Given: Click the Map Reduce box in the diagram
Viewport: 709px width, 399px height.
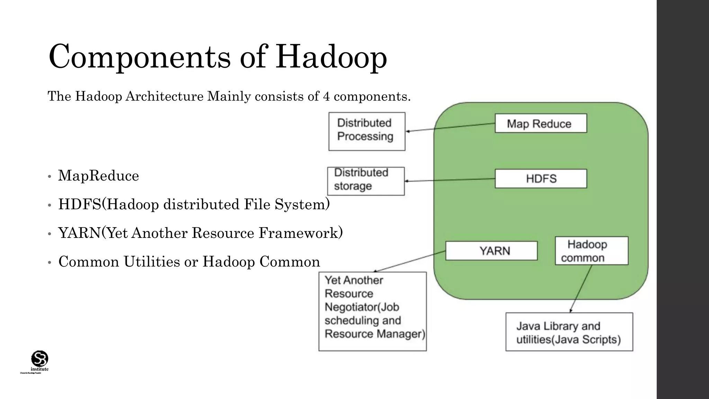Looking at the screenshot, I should (541, 123).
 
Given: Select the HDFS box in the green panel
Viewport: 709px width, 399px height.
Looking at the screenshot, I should (541, 179).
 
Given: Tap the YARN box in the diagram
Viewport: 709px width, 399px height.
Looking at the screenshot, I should (491, 251).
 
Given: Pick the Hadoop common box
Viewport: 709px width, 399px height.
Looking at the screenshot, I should (591, 251).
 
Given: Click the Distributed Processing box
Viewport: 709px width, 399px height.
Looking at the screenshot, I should (367, 131).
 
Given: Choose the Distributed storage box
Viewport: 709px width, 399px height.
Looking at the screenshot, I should (366, 181).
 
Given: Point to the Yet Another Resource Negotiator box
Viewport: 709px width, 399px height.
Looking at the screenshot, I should (373, 311).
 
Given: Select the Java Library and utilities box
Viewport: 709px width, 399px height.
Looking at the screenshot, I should (569, 332).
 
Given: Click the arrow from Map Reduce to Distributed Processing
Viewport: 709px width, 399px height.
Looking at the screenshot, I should (450, 127).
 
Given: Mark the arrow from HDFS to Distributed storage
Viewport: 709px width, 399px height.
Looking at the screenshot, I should (450, 180).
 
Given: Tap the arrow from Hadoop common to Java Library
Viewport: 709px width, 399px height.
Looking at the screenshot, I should (581, 289).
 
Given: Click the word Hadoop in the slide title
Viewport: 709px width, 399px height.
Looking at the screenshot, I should (331, 56).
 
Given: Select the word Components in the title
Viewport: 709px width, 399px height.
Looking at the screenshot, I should (140, 56).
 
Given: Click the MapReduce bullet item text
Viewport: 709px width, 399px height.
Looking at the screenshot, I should (99, 176).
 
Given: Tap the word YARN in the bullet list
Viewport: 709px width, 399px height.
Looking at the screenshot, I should (79, 233).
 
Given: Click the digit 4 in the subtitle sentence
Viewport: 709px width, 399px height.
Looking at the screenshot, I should (326, 96).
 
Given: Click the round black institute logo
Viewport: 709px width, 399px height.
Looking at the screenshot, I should (39, 358).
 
